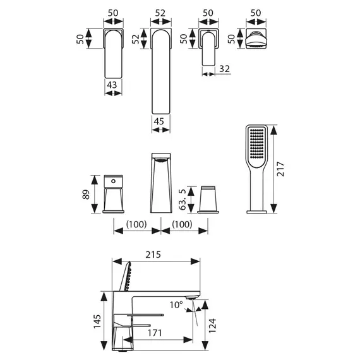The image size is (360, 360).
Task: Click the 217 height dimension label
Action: [x=280, y=169]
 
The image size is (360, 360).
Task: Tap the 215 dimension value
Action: [x=153, y=255]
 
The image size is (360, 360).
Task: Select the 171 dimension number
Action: [x=155, y=333]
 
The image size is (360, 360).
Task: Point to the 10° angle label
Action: [x=176, y=305]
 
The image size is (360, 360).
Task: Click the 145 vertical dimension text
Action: [x=97, y=321]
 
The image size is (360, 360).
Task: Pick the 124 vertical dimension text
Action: [x=212, y=325]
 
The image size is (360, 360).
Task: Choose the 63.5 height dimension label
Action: [x=183, y=200]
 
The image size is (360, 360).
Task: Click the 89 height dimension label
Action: [x=86, y=195]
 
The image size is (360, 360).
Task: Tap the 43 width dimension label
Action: [x=112, y=85]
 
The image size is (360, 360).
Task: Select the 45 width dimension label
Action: [x=159, y=121]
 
